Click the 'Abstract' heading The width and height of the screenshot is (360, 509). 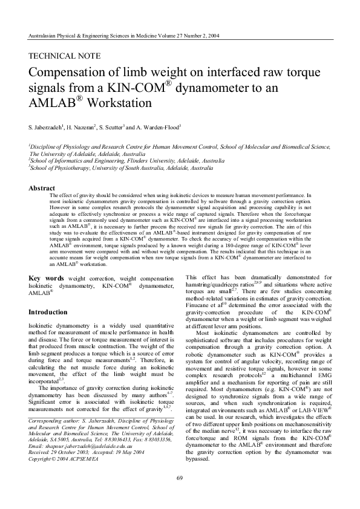42,189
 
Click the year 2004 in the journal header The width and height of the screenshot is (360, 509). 211,36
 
